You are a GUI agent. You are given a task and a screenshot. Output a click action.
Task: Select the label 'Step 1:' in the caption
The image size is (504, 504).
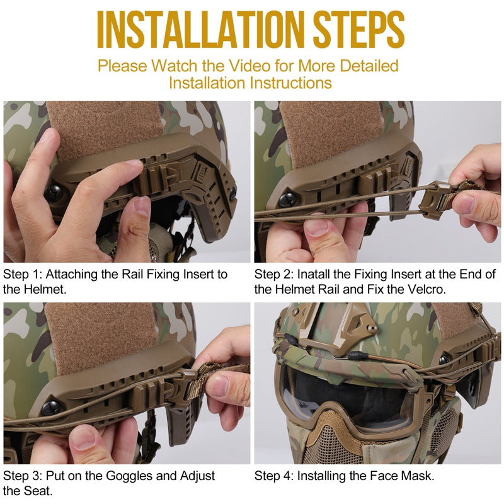(x=23, y=275)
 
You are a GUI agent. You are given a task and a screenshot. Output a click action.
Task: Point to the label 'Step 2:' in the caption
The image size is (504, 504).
(x=275, y=275)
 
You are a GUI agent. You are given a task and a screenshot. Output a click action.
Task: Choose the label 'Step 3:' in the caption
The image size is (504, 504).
(x=23, y=476)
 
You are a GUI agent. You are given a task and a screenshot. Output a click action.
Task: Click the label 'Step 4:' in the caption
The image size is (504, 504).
(x=275, y=476)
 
